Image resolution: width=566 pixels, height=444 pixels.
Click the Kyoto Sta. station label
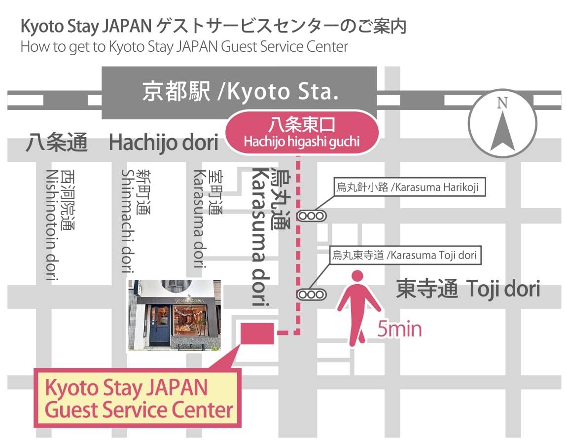(x=241, y=92)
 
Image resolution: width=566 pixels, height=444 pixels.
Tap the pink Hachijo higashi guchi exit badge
(x=301, y=132)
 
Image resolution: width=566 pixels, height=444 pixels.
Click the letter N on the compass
(x=502, y=103)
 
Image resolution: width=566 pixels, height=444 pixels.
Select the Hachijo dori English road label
(x=163, y=143)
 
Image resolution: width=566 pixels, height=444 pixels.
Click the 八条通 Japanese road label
(x=57, y=143)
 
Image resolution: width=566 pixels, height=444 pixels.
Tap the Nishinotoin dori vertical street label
(x=61, y=224)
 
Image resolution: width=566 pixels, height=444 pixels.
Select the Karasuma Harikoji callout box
(x=408, y=187)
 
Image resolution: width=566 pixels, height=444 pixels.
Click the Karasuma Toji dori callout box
(x=404, y=255)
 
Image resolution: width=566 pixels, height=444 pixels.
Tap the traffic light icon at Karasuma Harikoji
(x=312, y=216)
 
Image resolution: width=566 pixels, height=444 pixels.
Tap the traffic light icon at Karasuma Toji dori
(x=312, y=295)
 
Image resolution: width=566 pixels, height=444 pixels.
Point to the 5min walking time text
(x=399, y=329)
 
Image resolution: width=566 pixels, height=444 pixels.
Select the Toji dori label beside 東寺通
(x=502, y=289)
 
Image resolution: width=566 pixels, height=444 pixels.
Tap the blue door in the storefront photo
(x=160, y=326)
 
